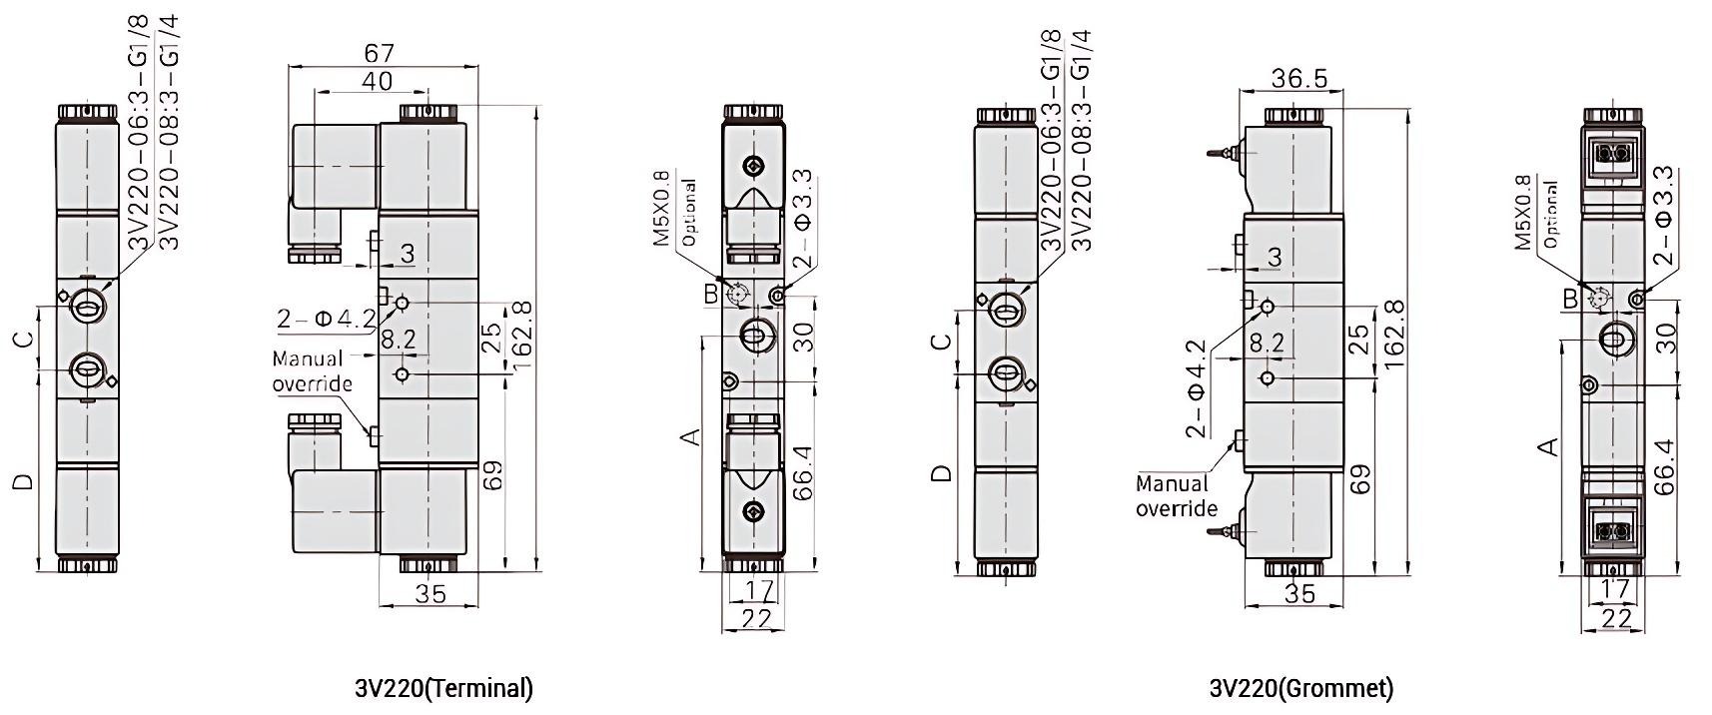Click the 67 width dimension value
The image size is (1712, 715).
pos(380,52)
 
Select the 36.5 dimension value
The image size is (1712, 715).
pos(1298,78)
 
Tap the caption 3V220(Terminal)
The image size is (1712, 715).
pos(443,688)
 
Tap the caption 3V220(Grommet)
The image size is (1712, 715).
pos(1300,688)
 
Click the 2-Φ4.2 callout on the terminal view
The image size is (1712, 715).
pos(326,319)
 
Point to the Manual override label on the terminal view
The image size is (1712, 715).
pos(313,370)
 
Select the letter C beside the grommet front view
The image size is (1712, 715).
pos(940,343)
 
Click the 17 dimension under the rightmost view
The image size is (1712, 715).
pos(1614,589)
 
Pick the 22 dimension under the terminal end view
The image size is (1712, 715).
pos(757,619)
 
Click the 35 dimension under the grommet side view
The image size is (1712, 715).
pos(1298,593)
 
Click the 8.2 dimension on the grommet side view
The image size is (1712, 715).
pos(1266,343)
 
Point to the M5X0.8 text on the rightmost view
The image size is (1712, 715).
pos(1522,213)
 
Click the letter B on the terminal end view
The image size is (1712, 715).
pos(710,294)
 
